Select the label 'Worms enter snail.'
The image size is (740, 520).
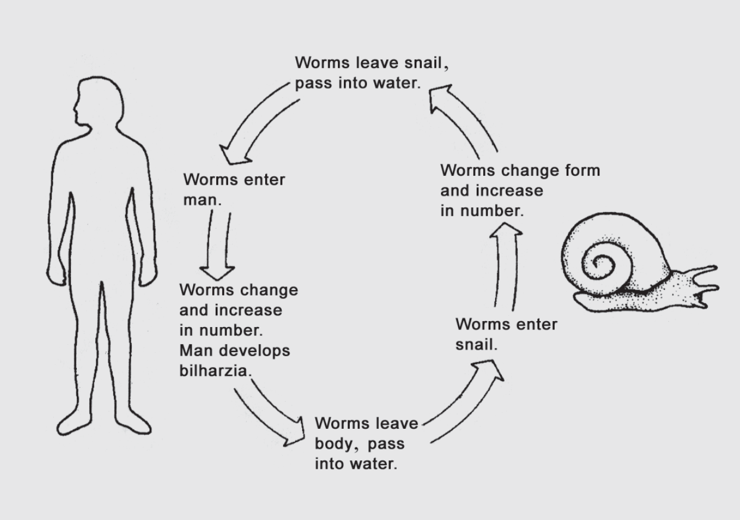pos(506,334)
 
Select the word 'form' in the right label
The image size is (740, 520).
pos(582,171)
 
